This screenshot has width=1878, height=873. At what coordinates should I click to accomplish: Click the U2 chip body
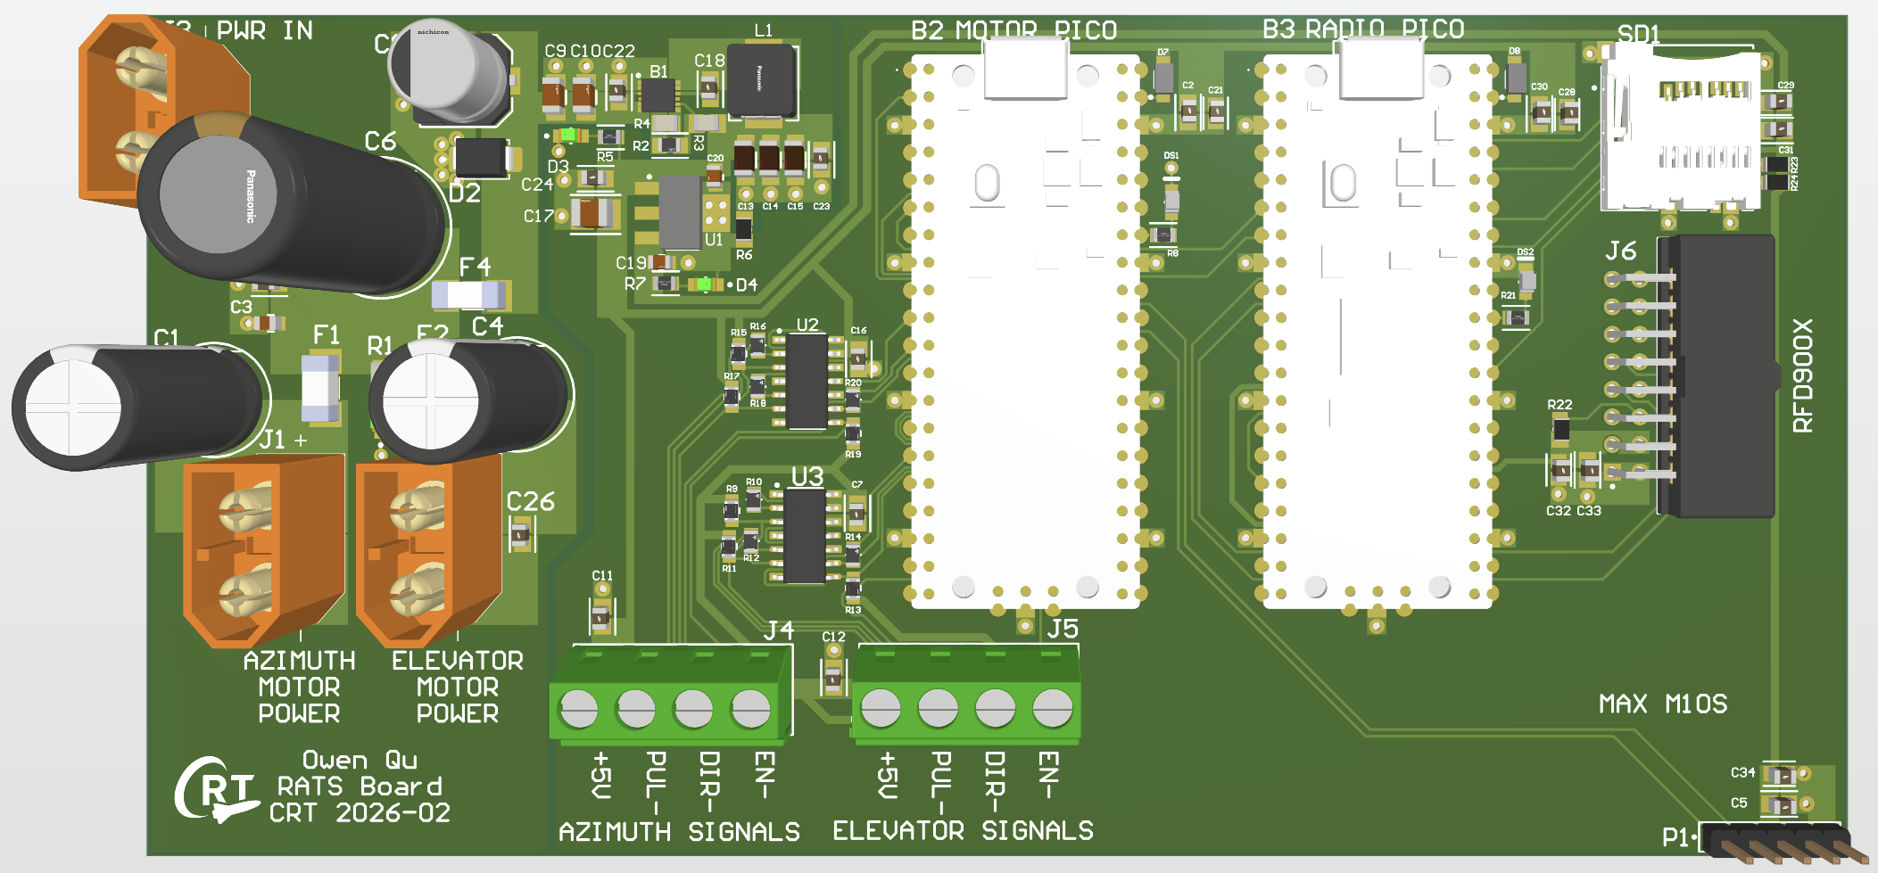pos(807,382)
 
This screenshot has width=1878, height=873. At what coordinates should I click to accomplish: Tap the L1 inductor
pos(761,79)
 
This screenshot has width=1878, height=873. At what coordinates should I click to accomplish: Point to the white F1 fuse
pos(320,387)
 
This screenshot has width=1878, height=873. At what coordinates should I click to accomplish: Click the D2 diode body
pos(482,158)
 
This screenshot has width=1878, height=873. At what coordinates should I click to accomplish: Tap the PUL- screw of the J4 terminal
pos(636,709)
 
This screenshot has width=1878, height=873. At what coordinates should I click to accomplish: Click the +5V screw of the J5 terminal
pos(881,709)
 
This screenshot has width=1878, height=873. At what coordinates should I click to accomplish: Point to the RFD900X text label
pos(1803,375)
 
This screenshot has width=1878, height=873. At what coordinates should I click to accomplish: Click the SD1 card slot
pos(1682,134)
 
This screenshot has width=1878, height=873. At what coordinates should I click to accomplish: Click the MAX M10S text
pos(1663,704)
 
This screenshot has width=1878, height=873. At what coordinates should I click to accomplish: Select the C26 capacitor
pos(520,535)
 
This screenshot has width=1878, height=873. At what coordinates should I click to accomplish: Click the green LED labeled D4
pos(705,284)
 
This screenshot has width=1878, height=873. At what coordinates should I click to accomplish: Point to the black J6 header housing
pos(1722,375)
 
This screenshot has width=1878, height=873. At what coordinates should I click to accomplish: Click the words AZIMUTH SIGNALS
pos(679,831)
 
